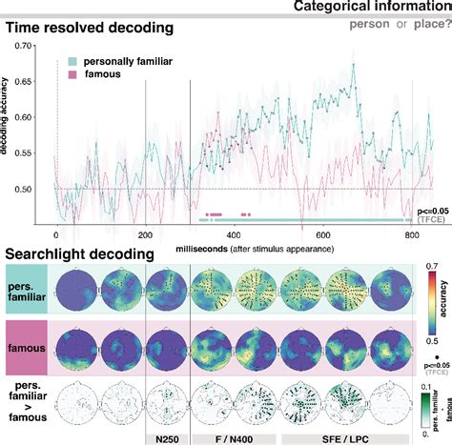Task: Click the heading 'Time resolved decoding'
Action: click(92, 30)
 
